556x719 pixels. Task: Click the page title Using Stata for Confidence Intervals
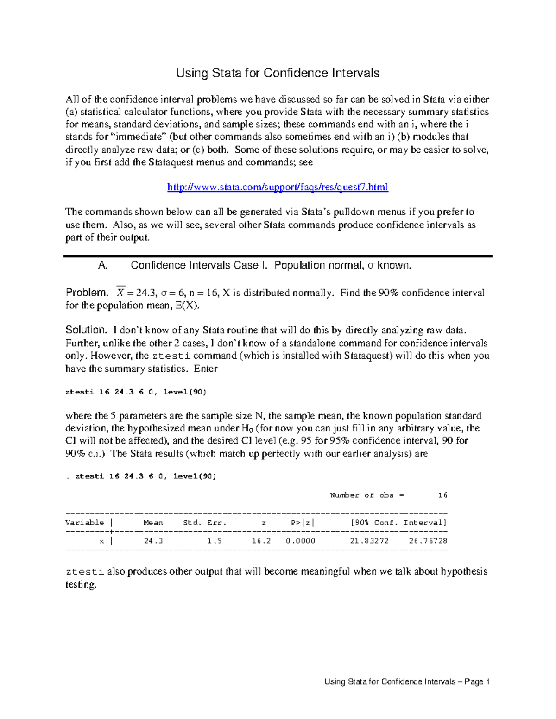coord(278,73)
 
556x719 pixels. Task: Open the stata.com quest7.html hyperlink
coord(278,187)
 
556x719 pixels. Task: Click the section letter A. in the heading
coord(103,265)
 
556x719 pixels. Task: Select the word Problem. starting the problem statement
coord(87,293)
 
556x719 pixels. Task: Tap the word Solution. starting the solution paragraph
coord(86,330)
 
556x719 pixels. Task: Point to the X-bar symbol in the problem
coord(120,292)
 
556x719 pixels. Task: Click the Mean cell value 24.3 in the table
coord(153,541)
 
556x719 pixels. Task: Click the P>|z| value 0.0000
coord(301,541)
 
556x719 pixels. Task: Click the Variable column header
coord(85,523)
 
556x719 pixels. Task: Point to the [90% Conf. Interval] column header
coord(398,523)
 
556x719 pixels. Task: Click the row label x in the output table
coord(102,541)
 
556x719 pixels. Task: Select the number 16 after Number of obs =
coord(442,495)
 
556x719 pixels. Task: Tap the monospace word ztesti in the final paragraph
coord(85,572)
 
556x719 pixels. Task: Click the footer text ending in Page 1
coord(407,681)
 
